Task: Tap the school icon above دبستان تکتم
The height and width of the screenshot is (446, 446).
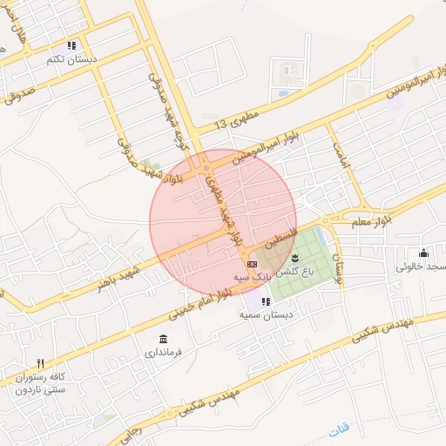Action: tap(72, 45)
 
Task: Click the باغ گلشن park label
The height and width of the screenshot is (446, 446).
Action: tap(295, 273)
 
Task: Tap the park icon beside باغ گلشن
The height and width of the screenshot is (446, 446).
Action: tap(294, 257)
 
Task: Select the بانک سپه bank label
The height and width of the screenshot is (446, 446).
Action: tap(251, 277)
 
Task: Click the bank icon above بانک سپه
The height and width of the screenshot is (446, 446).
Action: tap(252, 263)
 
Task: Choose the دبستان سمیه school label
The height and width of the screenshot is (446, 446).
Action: tap(264, 315)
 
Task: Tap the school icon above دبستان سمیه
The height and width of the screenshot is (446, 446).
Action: tap(265, 301)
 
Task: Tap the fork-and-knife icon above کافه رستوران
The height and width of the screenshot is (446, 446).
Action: tap(40, 363)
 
